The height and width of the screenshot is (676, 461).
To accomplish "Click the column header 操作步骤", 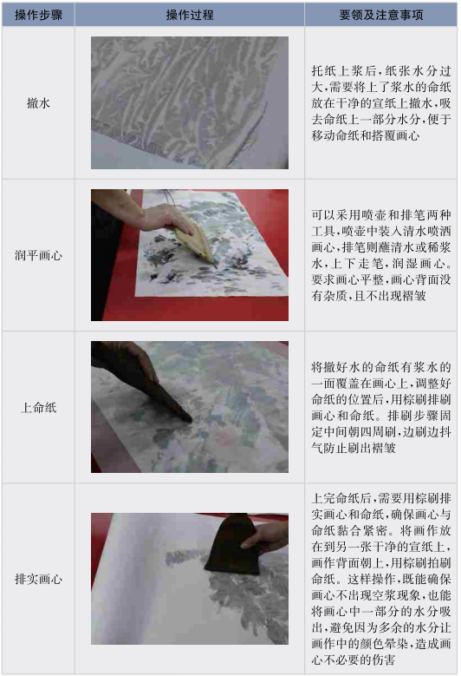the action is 38,15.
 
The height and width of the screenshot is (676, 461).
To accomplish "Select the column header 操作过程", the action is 190,15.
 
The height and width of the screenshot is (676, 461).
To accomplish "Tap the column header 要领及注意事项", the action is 381,15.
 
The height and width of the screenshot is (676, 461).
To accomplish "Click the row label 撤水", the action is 38,103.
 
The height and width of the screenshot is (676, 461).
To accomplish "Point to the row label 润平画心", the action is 38,255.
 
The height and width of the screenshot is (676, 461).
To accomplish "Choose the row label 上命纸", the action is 38,407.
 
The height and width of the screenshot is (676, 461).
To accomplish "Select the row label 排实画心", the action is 38,579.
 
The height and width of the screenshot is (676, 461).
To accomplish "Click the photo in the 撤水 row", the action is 190,102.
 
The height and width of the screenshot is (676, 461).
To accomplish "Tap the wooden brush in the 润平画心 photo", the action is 197,243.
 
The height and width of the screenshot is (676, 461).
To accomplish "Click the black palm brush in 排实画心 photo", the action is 232,544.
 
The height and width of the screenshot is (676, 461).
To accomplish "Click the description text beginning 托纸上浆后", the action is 381,103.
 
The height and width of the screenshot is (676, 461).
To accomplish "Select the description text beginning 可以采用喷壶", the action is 381,255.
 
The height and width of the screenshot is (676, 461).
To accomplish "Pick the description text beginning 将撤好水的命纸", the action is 381,407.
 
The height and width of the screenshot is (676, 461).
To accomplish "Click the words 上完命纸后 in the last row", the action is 341,498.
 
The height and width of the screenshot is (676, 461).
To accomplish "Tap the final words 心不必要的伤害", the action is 353,660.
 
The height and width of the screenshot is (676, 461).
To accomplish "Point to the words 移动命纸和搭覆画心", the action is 365,135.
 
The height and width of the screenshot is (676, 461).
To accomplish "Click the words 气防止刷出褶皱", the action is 353,448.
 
